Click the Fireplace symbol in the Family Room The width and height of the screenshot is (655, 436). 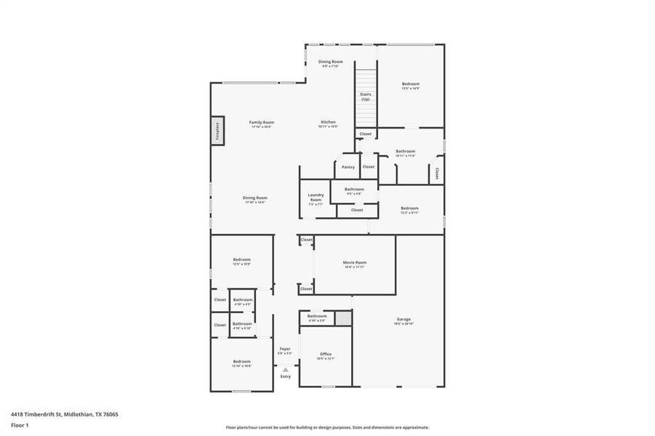click(217, 131)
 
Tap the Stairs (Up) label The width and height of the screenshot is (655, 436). click(365, 97)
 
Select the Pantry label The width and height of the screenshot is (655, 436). click(349, 167)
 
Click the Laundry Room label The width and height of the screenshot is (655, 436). click(316, 196)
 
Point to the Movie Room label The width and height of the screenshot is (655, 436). click(355, 262)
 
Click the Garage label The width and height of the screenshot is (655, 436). click(403, 320)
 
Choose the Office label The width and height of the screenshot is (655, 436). click(326, 354)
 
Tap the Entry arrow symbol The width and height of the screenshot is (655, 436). click(285, 369)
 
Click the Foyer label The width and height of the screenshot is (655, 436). click(285, 349)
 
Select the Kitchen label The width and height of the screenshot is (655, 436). click(329, 121)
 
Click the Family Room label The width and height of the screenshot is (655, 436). click(262, 122)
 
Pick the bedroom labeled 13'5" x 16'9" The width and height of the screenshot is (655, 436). click(411, 85)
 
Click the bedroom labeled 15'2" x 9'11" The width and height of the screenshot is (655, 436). click(409, 209)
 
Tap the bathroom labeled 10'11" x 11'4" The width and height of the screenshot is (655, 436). click(406, 153)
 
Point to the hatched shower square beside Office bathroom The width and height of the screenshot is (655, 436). click(342, 318)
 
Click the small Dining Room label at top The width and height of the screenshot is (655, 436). click(331, 62)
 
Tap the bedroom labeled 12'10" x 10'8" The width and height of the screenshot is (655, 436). click(241, 363)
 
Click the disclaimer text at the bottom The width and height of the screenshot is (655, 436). click(327, 428)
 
